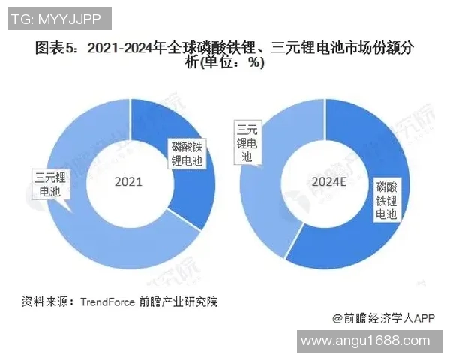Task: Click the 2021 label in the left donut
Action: (x=127, y=182)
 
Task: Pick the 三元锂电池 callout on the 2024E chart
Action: (x=250, y=142)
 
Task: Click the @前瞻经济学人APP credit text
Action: (x=384, y=318)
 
